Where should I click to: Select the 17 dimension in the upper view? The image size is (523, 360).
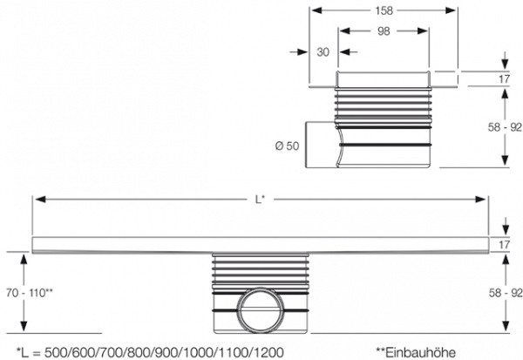click(x=503, y=79)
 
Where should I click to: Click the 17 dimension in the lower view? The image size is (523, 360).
click(x=503, y=244)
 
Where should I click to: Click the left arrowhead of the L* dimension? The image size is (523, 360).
click(x=37, y=200)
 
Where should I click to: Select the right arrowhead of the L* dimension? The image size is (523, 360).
click(x=482, y=200)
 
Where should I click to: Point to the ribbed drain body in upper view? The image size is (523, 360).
click(x=384, y=122)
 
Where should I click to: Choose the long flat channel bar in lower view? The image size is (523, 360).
click(x=259, y=244)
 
